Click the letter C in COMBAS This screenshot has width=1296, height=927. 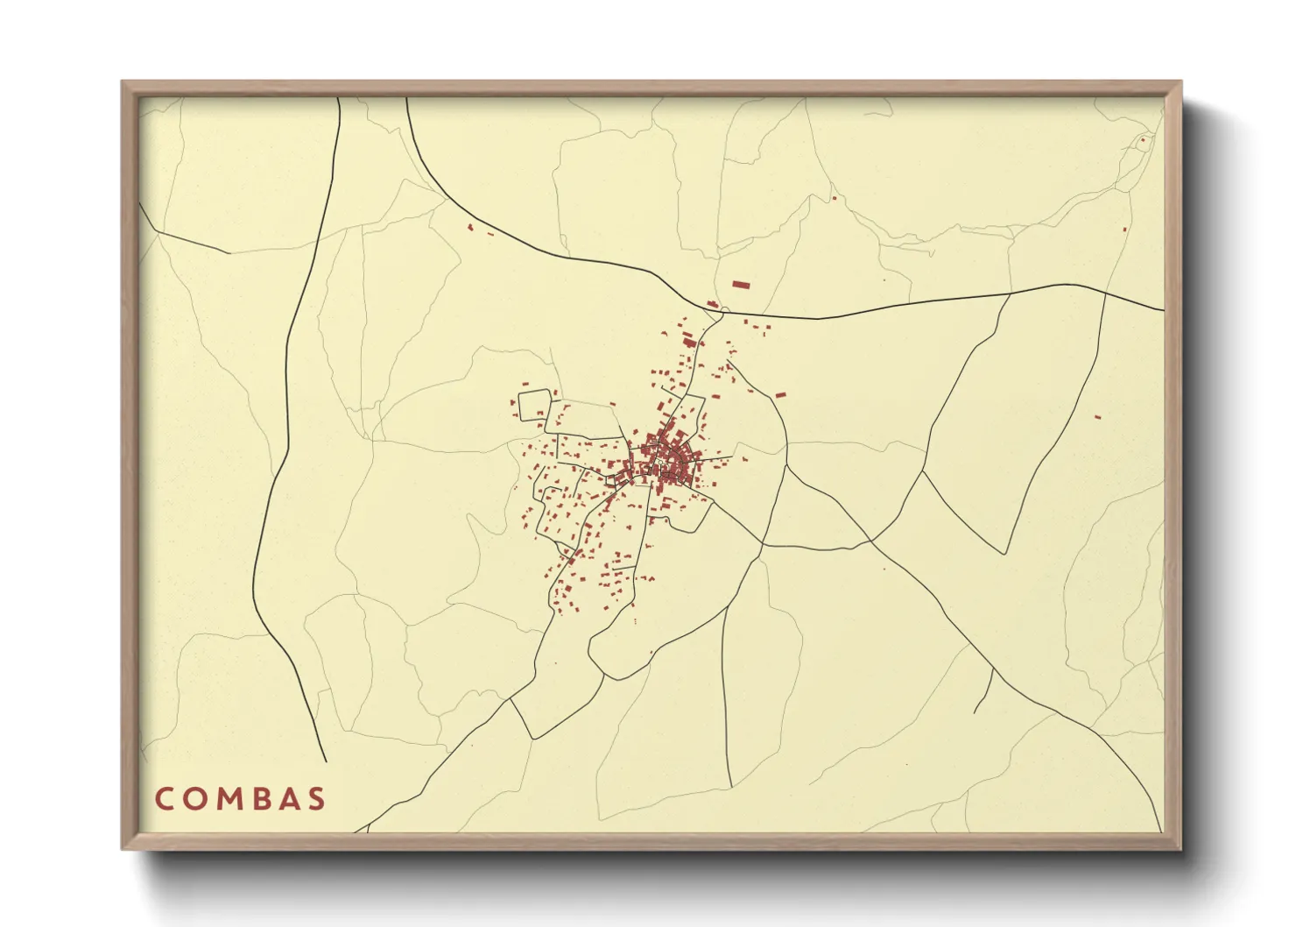click(165, 799)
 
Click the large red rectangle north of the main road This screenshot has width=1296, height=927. click(741, 285)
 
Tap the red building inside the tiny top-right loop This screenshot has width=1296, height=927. click(1142, 139)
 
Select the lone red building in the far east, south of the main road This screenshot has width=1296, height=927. click(1097, 416)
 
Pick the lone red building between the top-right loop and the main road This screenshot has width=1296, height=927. click(1125, 230)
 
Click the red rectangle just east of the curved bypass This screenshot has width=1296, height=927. click(780, 395)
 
